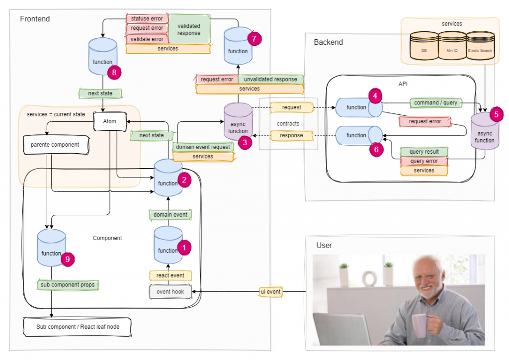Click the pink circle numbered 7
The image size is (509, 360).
[x=254, y=39]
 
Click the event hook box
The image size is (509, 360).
[x=170, y=292]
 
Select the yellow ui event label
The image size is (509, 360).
[x=270, y=292]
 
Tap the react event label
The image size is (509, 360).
[x=170, y=275]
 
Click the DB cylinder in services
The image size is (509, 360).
[x=424, y=45]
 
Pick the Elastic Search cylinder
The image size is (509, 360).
[x=480, y=45]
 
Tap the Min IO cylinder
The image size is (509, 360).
[x=452, y=45]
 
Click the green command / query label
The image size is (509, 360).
[x=435, y=103]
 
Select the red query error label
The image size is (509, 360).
[x=424, y=161]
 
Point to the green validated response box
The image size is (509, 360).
[x=189, y=29]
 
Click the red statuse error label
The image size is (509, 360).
[x=147, y=19]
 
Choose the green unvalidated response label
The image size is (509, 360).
[x=270, y=79]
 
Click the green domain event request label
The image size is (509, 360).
[x=203, y=147]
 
